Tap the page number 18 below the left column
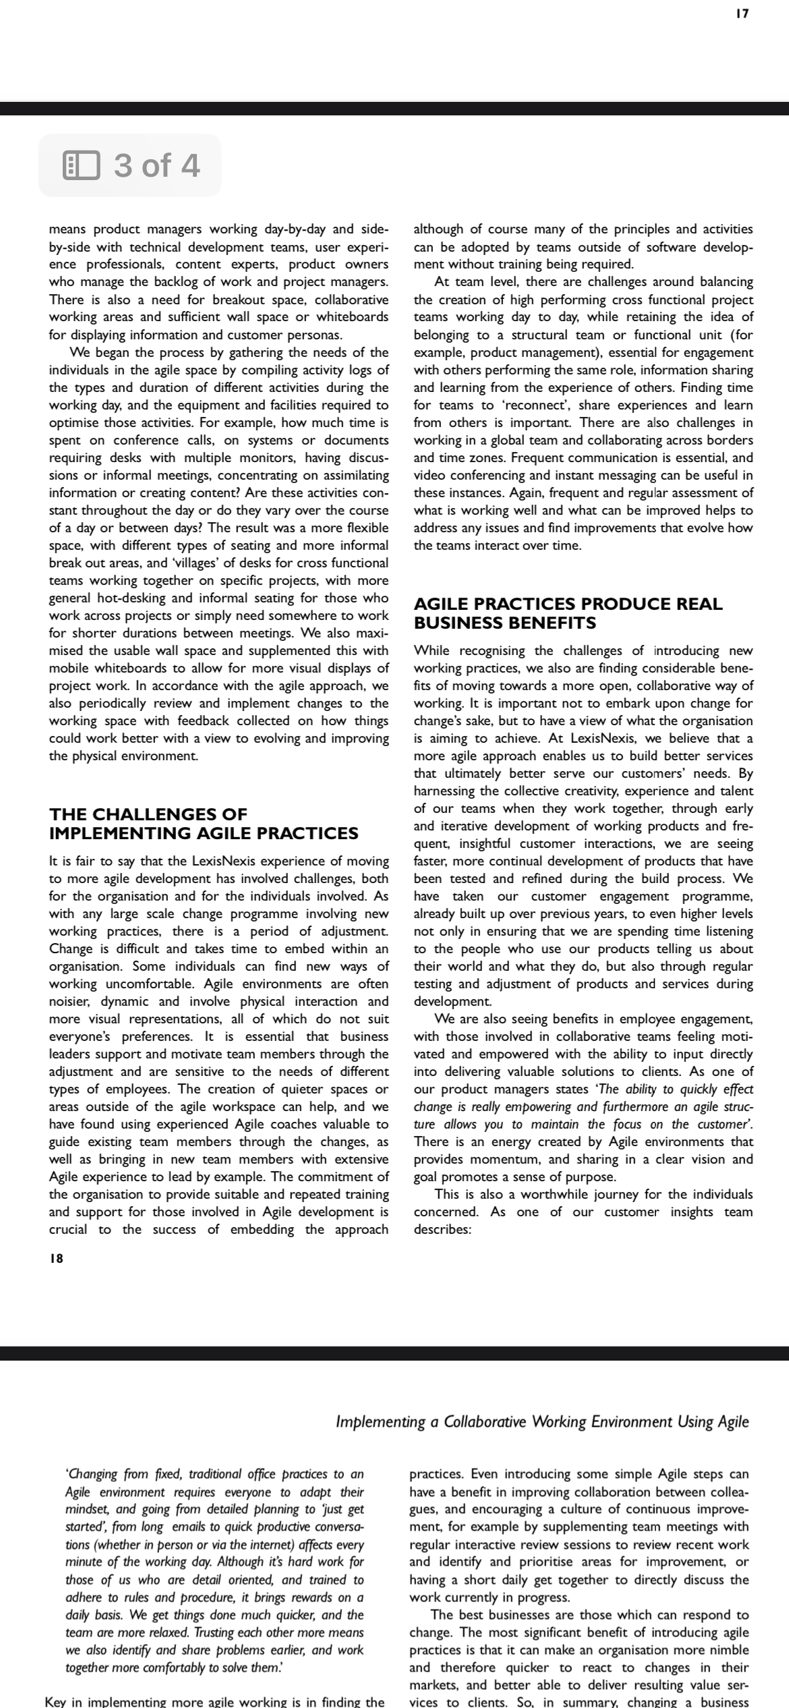coord(56,1258)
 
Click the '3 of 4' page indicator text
coord(156,165)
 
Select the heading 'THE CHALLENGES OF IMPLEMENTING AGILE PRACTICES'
coord(203,824)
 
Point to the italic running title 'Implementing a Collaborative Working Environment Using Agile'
coord(542,1421)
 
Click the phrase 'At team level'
coord(476,282)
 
